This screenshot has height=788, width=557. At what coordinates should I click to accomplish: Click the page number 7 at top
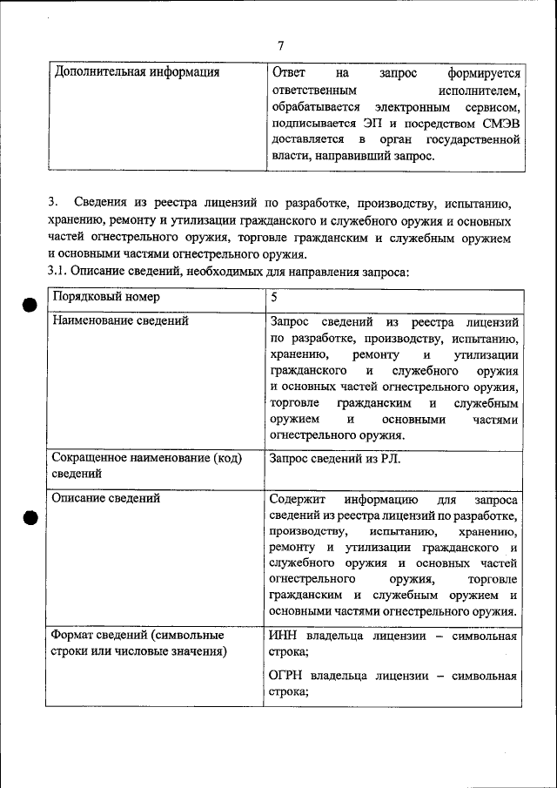[x=280, y=46]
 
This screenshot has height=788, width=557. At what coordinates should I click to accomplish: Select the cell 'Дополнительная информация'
[x=137, y=72]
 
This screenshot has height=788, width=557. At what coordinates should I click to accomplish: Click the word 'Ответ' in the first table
[x=289, y=73]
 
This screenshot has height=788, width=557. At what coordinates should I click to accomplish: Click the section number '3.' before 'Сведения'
[x=53, y=204]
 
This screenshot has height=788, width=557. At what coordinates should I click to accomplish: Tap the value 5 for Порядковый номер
[x=274, y=297]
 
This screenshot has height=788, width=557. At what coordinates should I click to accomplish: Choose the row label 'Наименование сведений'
[x=120, y=321]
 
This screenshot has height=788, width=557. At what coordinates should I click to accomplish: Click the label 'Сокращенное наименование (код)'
[x=146, y=457]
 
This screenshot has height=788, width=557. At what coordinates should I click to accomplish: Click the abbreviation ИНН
[x=285, y=636]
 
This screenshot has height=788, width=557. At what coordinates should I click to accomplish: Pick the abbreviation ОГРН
[x=290, y=676]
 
